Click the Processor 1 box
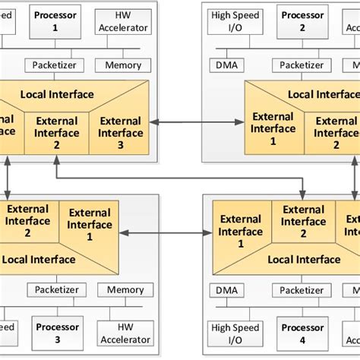55,21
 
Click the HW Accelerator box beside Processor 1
123,21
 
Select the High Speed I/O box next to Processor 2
235,21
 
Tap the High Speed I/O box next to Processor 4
235,333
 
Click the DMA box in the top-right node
226,65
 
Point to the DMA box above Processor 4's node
226,290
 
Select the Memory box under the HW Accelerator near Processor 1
122,65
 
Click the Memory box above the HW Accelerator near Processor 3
125,290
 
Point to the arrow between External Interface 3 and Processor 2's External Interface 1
197,122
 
